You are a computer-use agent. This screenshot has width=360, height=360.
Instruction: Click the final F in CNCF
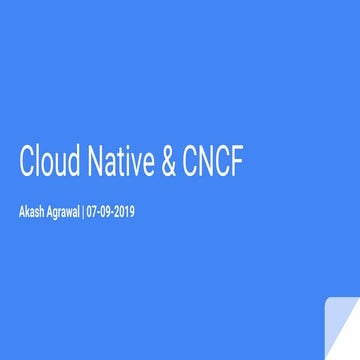pos(236,164)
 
